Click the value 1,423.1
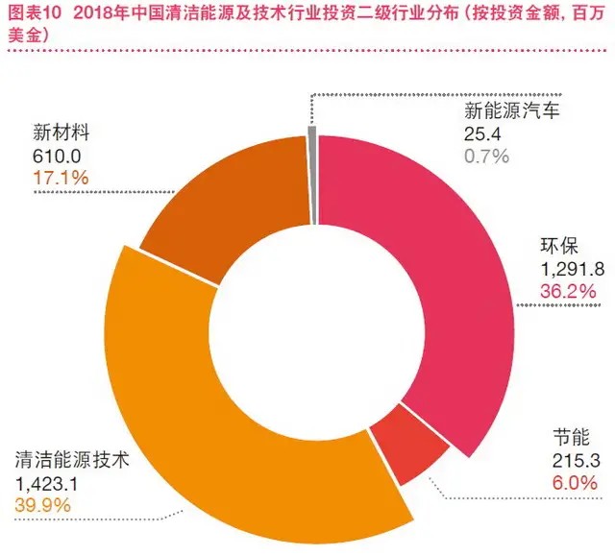pos(49,479)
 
